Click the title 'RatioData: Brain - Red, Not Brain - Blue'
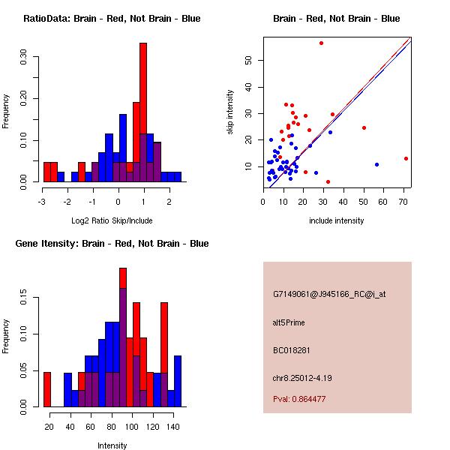pos(112,19)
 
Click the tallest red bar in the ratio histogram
pos(143,112)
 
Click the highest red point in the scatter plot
pos(321,43)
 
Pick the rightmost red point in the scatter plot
pos(406,158)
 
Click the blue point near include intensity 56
pos(376,164)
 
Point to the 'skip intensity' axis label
pos(230,112)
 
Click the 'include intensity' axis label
pos(337,220)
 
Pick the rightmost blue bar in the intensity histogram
pos(178,381)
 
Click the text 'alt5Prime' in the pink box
pos(289,323)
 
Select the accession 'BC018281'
pos(291,350)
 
